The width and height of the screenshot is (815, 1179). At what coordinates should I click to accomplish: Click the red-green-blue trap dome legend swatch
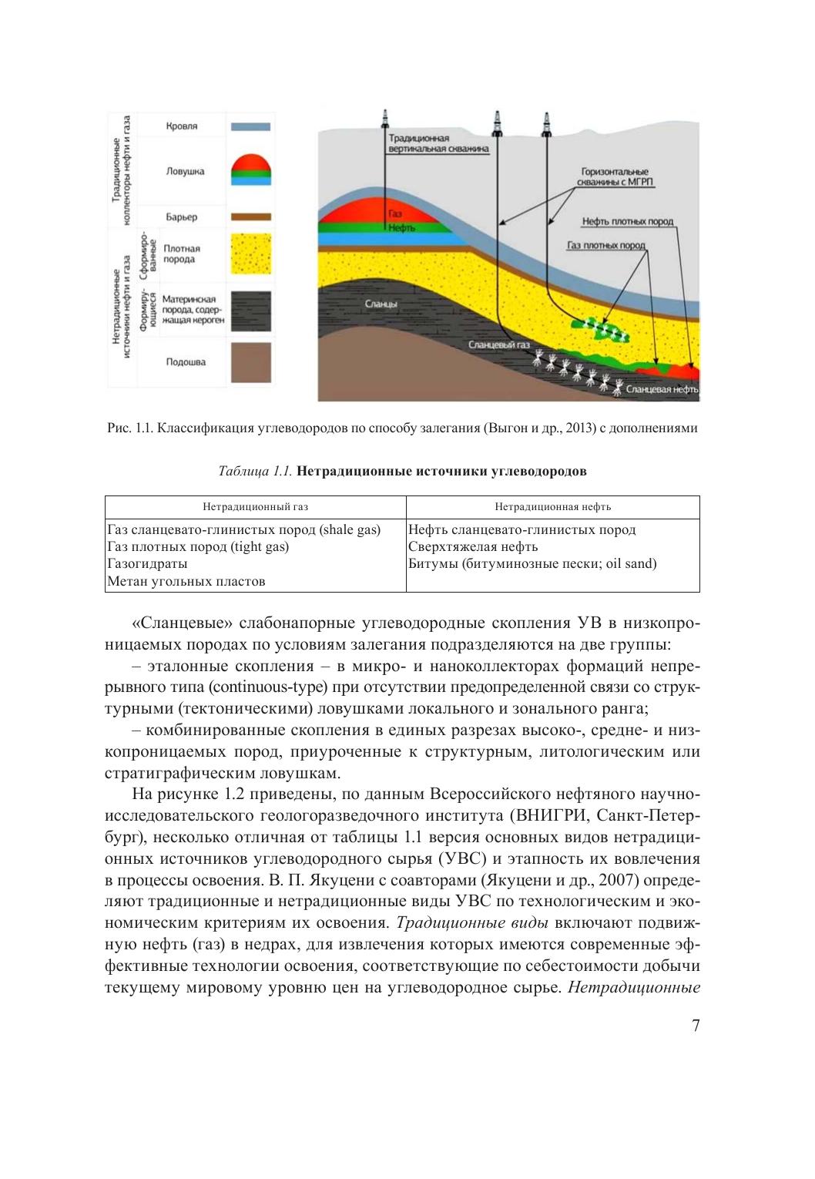[250, 171]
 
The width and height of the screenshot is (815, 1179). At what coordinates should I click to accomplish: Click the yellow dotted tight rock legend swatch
[250, 254]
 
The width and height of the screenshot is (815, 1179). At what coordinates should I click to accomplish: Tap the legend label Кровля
[182, 126]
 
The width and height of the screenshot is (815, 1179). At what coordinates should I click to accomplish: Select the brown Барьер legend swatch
[250, 217]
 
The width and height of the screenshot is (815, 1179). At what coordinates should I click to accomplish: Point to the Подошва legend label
[186, 361]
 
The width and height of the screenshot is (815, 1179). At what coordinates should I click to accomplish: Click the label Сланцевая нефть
[662, 390]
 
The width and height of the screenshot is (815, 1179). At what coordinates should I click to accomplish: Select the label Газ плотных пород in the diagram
[605, 245]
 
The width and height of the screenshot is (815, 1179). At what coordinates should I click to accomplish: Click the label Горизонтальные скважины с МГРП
[615, 177]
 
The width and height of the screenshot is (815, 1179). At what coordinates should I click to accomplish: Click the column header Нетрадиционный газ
[255, 507]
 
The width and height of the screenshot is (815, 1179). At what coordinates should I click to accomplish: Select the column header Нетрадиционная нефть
[552, 507]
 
